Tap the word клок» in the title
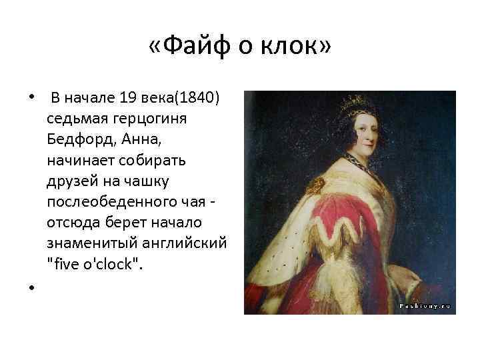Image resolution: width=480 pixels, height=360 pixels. click(x=297, y=47)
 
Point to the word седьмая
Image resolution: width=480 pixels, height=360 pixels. click(x=75, y=119)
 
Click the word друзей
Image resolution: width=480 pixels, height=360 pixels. click(x=70, y=181)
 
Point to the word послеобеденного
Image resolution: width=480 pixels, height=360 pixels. click(x=111, y=202)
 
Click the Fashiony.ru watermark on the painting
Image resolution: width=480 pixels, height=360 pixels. click(x=425, y=306)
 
